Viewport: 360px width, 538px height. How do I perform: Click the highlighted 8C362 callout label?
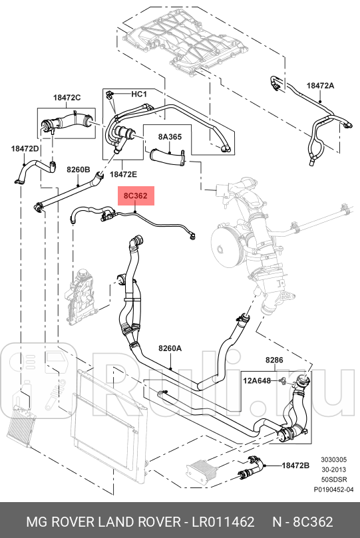pyautogui.click(x=136, y=196)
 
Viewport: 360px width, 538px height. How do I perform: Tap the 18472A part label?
pyautogui.click(x=320, y=85)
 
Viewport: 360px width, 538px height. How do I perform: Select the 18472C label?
pyautogui.click(x=67, y=98)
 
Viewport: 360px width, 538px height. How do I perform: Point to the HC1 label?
pyautogui.click(x=139, y=94)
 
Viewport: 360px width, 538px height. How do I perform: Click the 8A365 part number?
pyautogui.click(x=170, y=136)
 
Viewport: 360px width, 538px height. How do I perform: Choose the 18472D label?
pyautogui.click(x=25, y=148)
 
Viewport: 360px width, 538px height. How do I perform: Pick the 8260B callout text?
pyautogui.click(x=79, y=170)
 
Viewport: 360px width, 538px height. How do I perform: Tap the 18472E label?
pyautogui.click(x=123, y=174)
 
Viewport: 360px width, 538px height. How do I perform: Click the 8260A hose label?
pyautogui.click(x=170, y=348)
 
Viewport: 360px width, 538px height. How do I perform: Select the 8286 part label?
pyautogui.click(x=274, y=360)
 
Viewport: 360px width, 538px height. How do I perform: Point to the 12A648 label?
pyautogui.click(x=257, y=380)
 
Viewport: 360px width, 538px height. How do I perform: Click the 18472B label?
pyautogui.click(x=295, y=466)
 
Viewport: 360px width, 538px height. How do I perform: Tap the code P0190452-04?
pyautogui.click(x=333, y=489)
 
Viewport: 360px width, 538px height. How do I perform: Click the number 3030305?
pyautogui.click(x=333, y=460)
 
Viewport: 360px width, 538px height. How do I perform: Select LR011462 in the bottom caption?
pyautogui.click(x=223, y=522)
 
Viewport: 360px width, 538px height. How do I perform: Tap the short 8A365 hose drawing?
pyautogui.click(x=168, y=156)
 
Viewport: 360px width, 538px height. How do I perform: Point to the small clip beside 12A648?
pyautogui.click(x=282, y=380)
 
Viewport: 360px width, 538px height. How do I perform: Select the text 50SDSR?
pyautogui.click(x=333, y=479)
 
